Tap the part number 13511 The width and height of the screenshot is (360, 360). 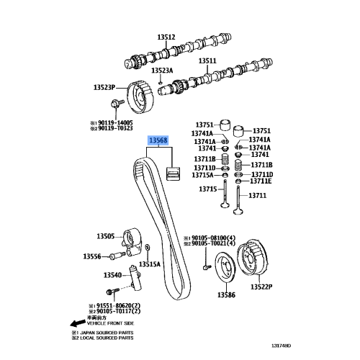(207, 61)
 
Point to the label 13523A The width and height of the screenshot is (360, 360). (162, 71)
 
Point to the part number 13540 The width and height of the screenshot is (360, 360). (112, 275)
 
